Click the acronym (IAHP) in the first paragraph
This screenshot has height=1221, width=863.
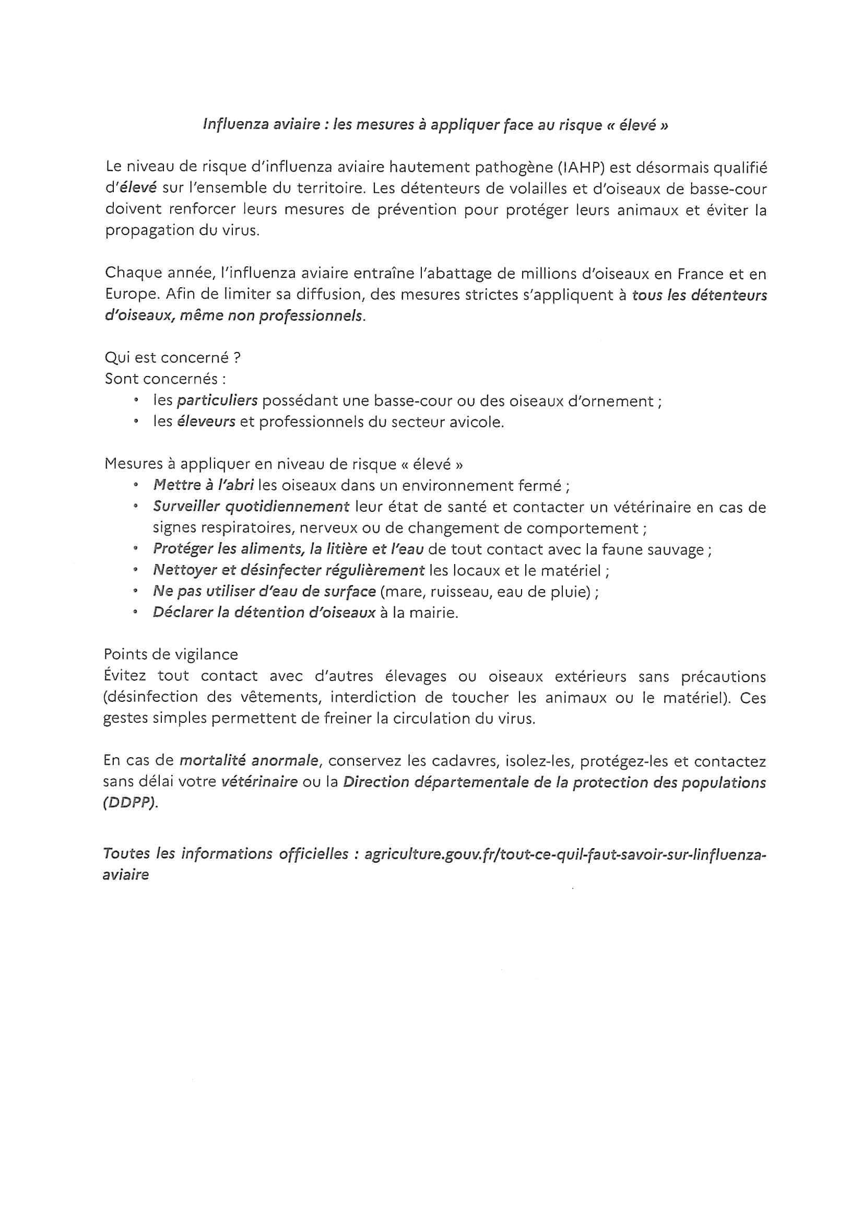pos(580,168)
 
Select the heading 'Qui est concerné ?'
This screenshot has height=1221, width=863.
pos(172,358)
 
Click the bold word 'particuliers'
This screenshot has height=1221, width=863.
pos(217,401)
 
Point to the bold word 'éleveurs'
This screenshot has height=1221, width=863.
pos(206,422)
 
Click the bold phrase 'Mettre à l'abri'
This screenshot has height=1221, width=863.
pos(203,486)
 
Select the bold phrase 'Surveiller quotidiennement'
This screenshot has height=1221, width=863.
pos(251,507)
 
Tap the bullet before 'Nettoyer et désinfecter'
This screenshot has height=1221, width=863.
pos(137,570)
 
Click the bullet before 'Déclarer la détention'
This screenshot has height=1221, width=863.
pos(137,613)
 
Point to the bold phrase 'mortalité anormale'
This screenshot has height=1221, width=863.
pos(249,761)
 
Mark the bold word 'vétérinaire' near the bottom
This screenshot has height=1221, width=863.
pos(258,782)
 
